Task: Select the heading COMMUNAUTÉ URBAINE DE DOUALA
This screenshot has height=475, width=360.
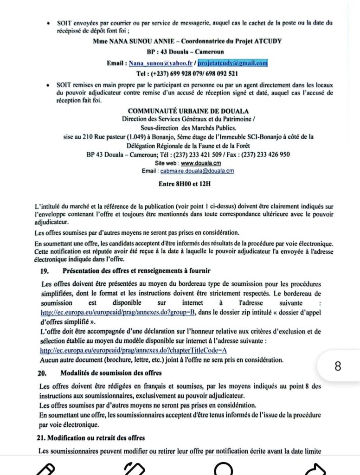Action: (188, 111)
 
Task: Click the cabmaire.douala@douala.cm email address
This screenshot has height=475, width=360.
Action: (197, 171)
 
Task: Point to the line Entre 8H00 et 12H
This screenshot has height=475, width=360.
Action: (184, 184)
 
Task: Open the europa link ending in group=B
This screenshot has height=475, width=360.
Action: (117, 313)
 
